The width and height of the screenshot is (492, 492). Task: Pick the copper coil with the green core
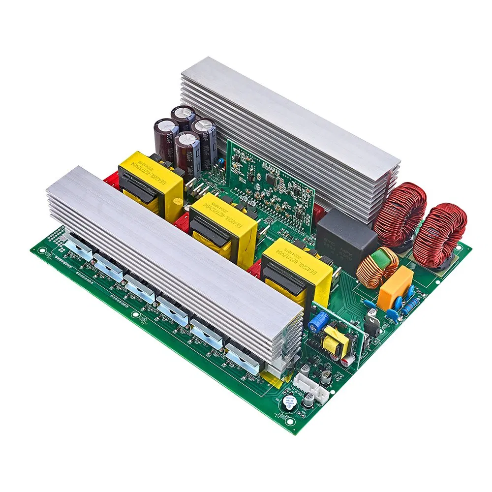377,267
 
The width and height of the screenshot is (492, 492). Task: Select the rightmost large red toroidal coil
439,235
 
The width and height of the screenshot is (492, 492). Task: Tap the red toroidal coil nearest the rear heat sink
400,211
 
